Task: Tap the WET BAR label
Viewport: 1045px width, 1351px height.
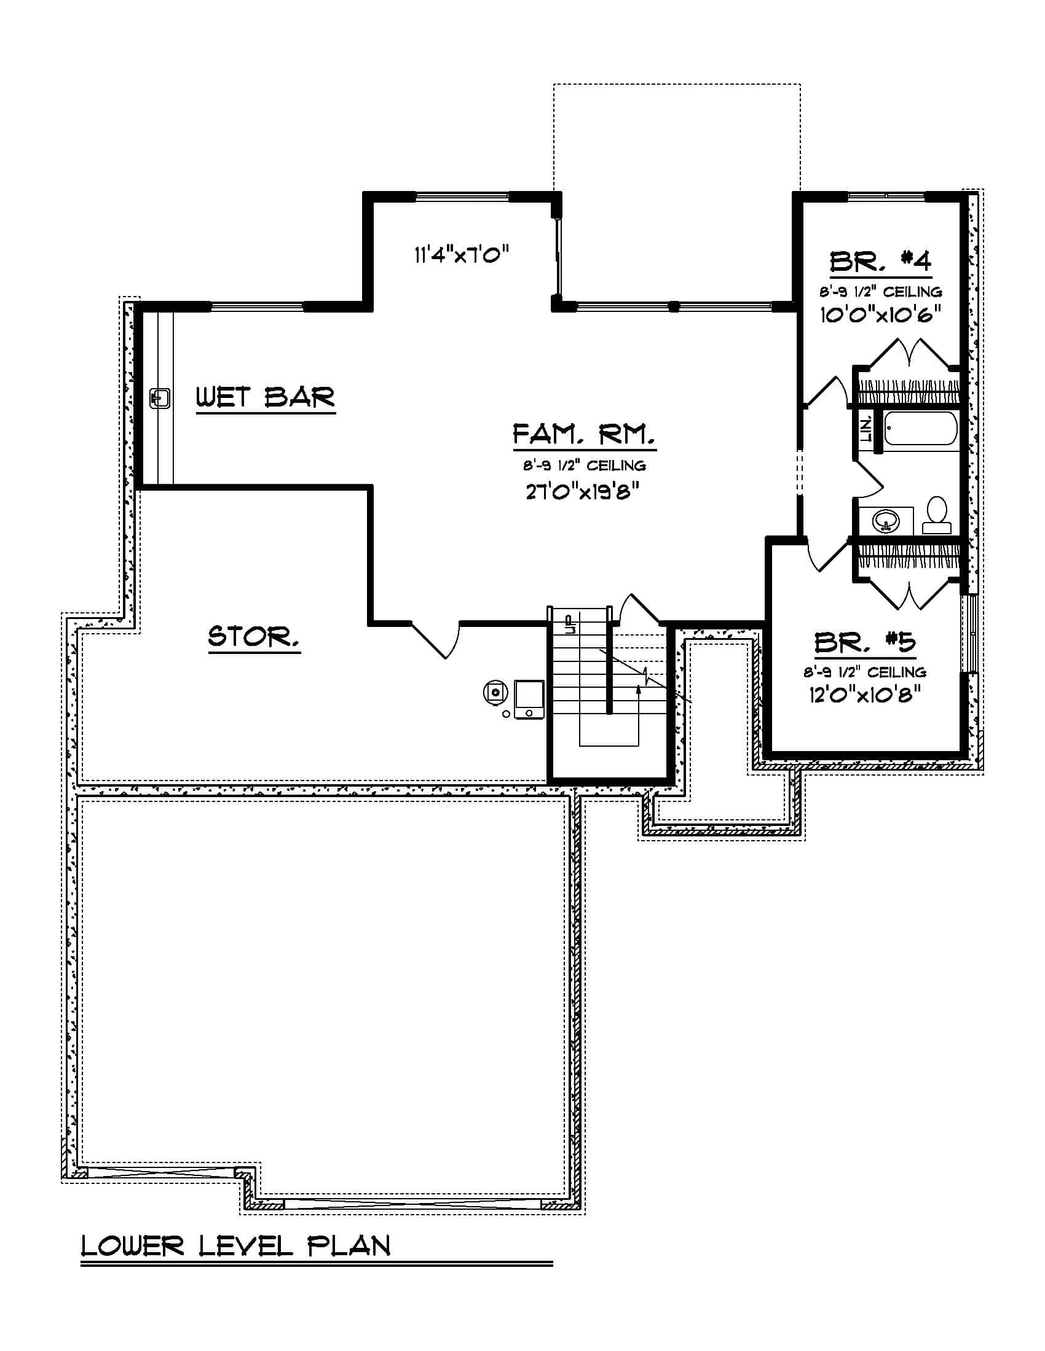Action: click(265, 397)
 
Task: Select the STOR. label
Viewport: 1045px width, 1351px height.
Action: click(254, 637)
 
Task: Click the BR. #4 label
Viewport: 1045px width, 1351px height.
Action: click(880, 262)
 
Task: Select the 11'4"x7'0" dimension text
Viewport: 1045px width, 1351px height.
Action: click(461, 254)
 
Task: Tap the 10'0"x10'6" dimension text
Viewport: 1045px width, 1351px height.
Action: click(880, 315)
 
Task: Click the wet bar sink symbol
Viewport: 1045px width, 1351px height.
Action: click(160, 398)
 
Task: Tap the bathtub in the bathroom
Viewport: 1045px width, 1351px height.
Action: click(920, 428)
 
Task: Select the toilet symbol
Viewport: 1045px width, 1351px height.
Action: click(937, 515)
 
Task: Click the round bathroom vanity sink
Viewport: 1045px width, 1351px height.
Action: click(886, 521)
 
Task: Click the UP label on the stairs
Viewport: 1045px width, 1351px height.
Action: click(570, 623)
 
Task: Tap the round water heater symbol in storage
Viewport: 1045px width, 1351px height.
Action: click(495, 692)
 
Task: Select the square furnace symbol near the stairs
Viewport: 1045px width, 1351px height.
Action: click(529, 699)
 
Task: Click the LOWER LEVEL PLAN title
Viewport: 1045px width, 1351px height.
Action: click(235, 1246)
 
